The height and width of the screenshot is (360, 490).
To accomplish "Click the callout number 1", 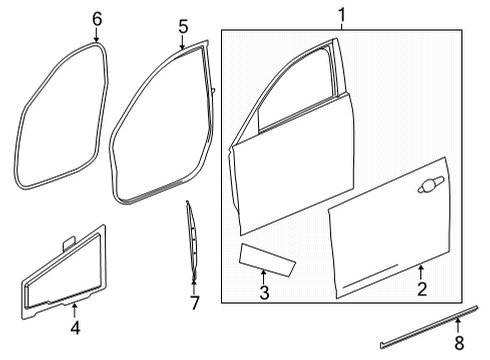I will pos(341,15).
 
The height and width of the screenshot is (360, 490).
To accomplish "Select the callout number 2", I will pos(422,291).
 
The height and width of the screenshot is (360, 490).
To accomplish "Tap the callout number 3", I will pos(264,293).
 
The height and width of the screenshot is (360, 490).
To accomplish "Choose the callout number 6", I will pos(97,18).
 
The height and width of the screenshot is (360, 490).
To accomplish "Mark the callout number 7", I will pos(195,301).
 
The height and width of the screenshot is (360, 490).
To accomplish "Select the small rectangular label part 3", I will pos(266,259).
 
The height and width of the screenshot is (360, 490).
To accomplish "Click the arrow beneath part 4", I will pos(74,309).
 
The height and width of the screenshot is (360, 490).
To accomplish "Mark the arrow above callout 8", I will pos(458,327).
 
